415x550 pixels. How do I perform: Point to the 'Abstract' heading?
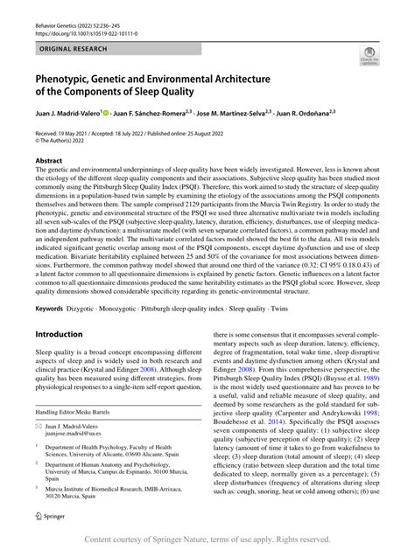(x=48, y=161)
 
